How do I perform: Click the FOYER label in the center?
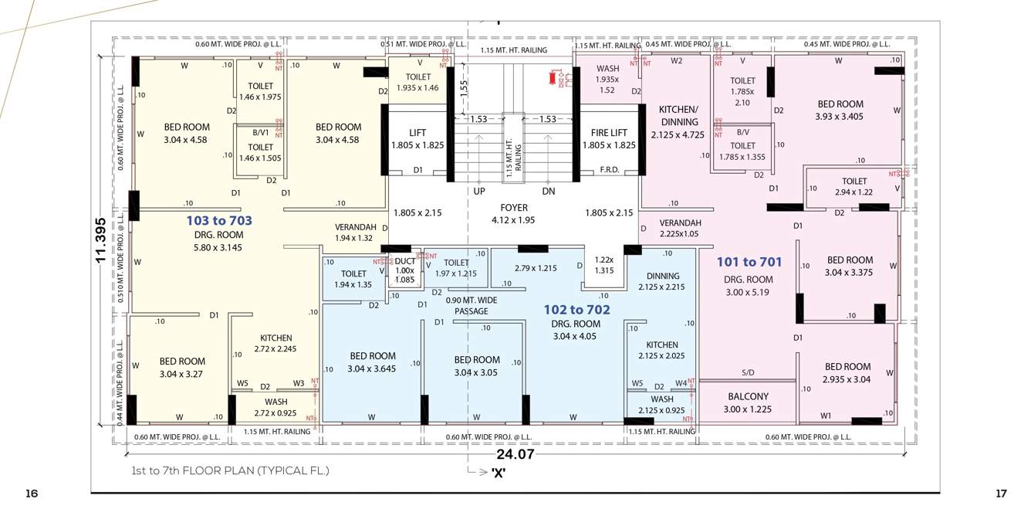pyautogui.click(x=514, y=208)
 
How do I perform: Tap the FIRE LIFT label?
pyautogui.click(x=609, y=133)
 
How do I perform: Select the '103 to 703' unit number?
pyautogui.click(x=219, y=221)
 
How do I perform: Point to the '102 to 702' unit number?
pyautogui.click(x=576, y=310)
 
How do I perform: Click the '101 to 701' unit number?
pyautogui.click(x=749, y=262)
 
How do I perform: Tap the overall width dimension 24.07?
pyautogui.click(x=515, y=455)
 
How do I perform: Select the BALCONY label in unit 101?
pyautogui.click(x=748, y=397)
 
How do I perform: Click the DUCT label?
pyautogui.click(x=405, y=262)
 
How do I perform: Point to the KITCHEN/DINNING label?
pyautogui.click(x=679, y=116)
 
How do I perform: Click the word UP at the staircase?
pyautogui.click(x=479, y=190)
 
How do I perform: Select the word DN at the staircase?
pyautogui.click(x=549, y=190)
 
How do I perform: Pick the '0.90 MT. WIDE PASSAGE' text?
pyautogui.click(x=471, y=305)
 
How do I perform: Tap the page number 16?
pyautogui.click(x=32, y=493)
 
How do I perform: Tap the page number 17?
pyautogui.click(x=1002, y=493)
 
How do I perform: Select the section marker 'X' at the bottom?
pyautogui.click(x=499, y=473)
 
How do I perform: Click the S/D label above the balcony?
pyautogui.click(x=748, y=373)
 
